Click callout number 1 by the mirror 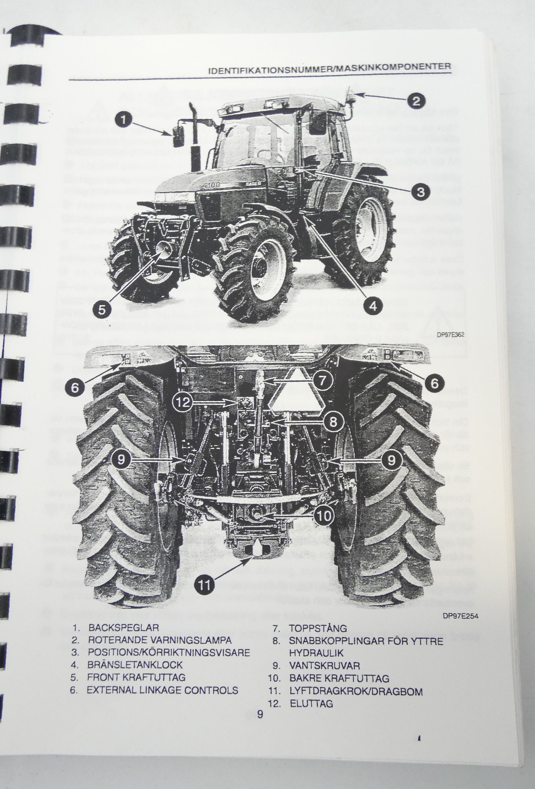click(x=123, y=120)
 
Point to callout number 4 click(x=373, y=306)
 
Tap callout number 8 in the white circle click(x=333, y=422)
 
